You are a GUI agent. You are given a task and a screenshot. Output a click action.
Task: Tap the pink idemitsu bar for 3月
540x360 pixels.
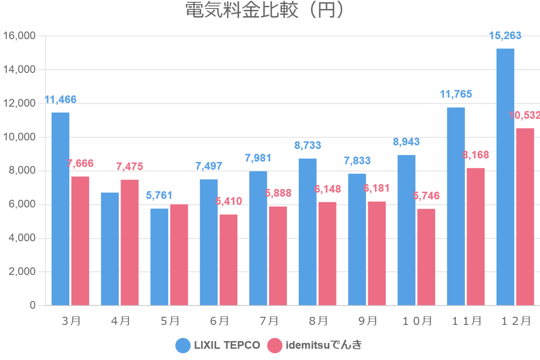[80, 241]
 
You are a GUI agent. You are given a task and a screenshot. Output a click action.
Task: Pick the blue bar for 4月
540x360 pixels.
[110, 249]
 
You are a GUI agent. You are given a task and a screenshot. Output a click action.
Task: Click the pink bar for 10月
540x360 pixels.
[426, 257]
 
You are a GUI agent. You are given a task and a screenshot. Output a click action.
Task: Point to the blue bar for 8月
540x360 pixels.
[307, 232]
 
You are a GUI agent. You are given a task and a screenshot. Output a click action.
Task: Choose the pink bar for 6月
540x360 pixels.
[229, 260]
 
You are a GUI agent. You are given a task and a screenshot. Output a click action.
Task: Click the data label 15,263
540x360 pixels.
[505, 36]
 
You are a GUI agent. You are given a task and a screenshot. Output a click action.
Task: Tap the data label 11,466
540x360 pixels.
[60, 99]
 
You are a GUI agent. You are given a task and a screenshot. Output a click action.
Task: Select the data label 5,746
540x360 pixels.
[426, 196]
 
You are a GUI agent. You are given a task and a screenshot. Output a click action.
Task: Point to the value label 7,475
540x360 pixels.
[130, 166]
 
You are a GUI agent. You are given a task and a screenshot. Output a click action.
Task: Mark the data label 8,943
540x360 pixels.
[406, 142]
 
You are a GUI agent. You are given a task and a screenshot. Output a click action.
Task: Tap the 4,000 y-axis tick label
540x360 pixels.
[22, 238]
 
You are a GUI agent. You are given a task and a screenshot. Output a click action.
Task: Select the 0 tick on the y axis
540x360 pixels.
[32, 306]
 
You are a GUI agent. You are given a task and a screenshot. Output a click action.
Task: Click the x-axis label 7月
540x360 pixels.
[269, 321]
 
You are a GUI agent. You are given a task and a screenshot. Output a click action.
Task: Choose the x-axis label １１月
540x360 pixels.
[466, 321]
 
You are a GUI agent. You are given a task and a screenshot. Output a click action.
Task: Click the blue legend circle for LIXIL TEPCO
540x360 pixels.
[183, 346]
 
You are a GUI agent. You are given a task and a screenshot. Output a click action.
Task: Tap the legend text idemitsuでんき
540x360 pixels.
[324, 346]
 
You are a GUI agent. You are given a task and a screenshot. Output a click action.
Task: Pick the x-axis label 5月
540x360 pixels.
[170, 321]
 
